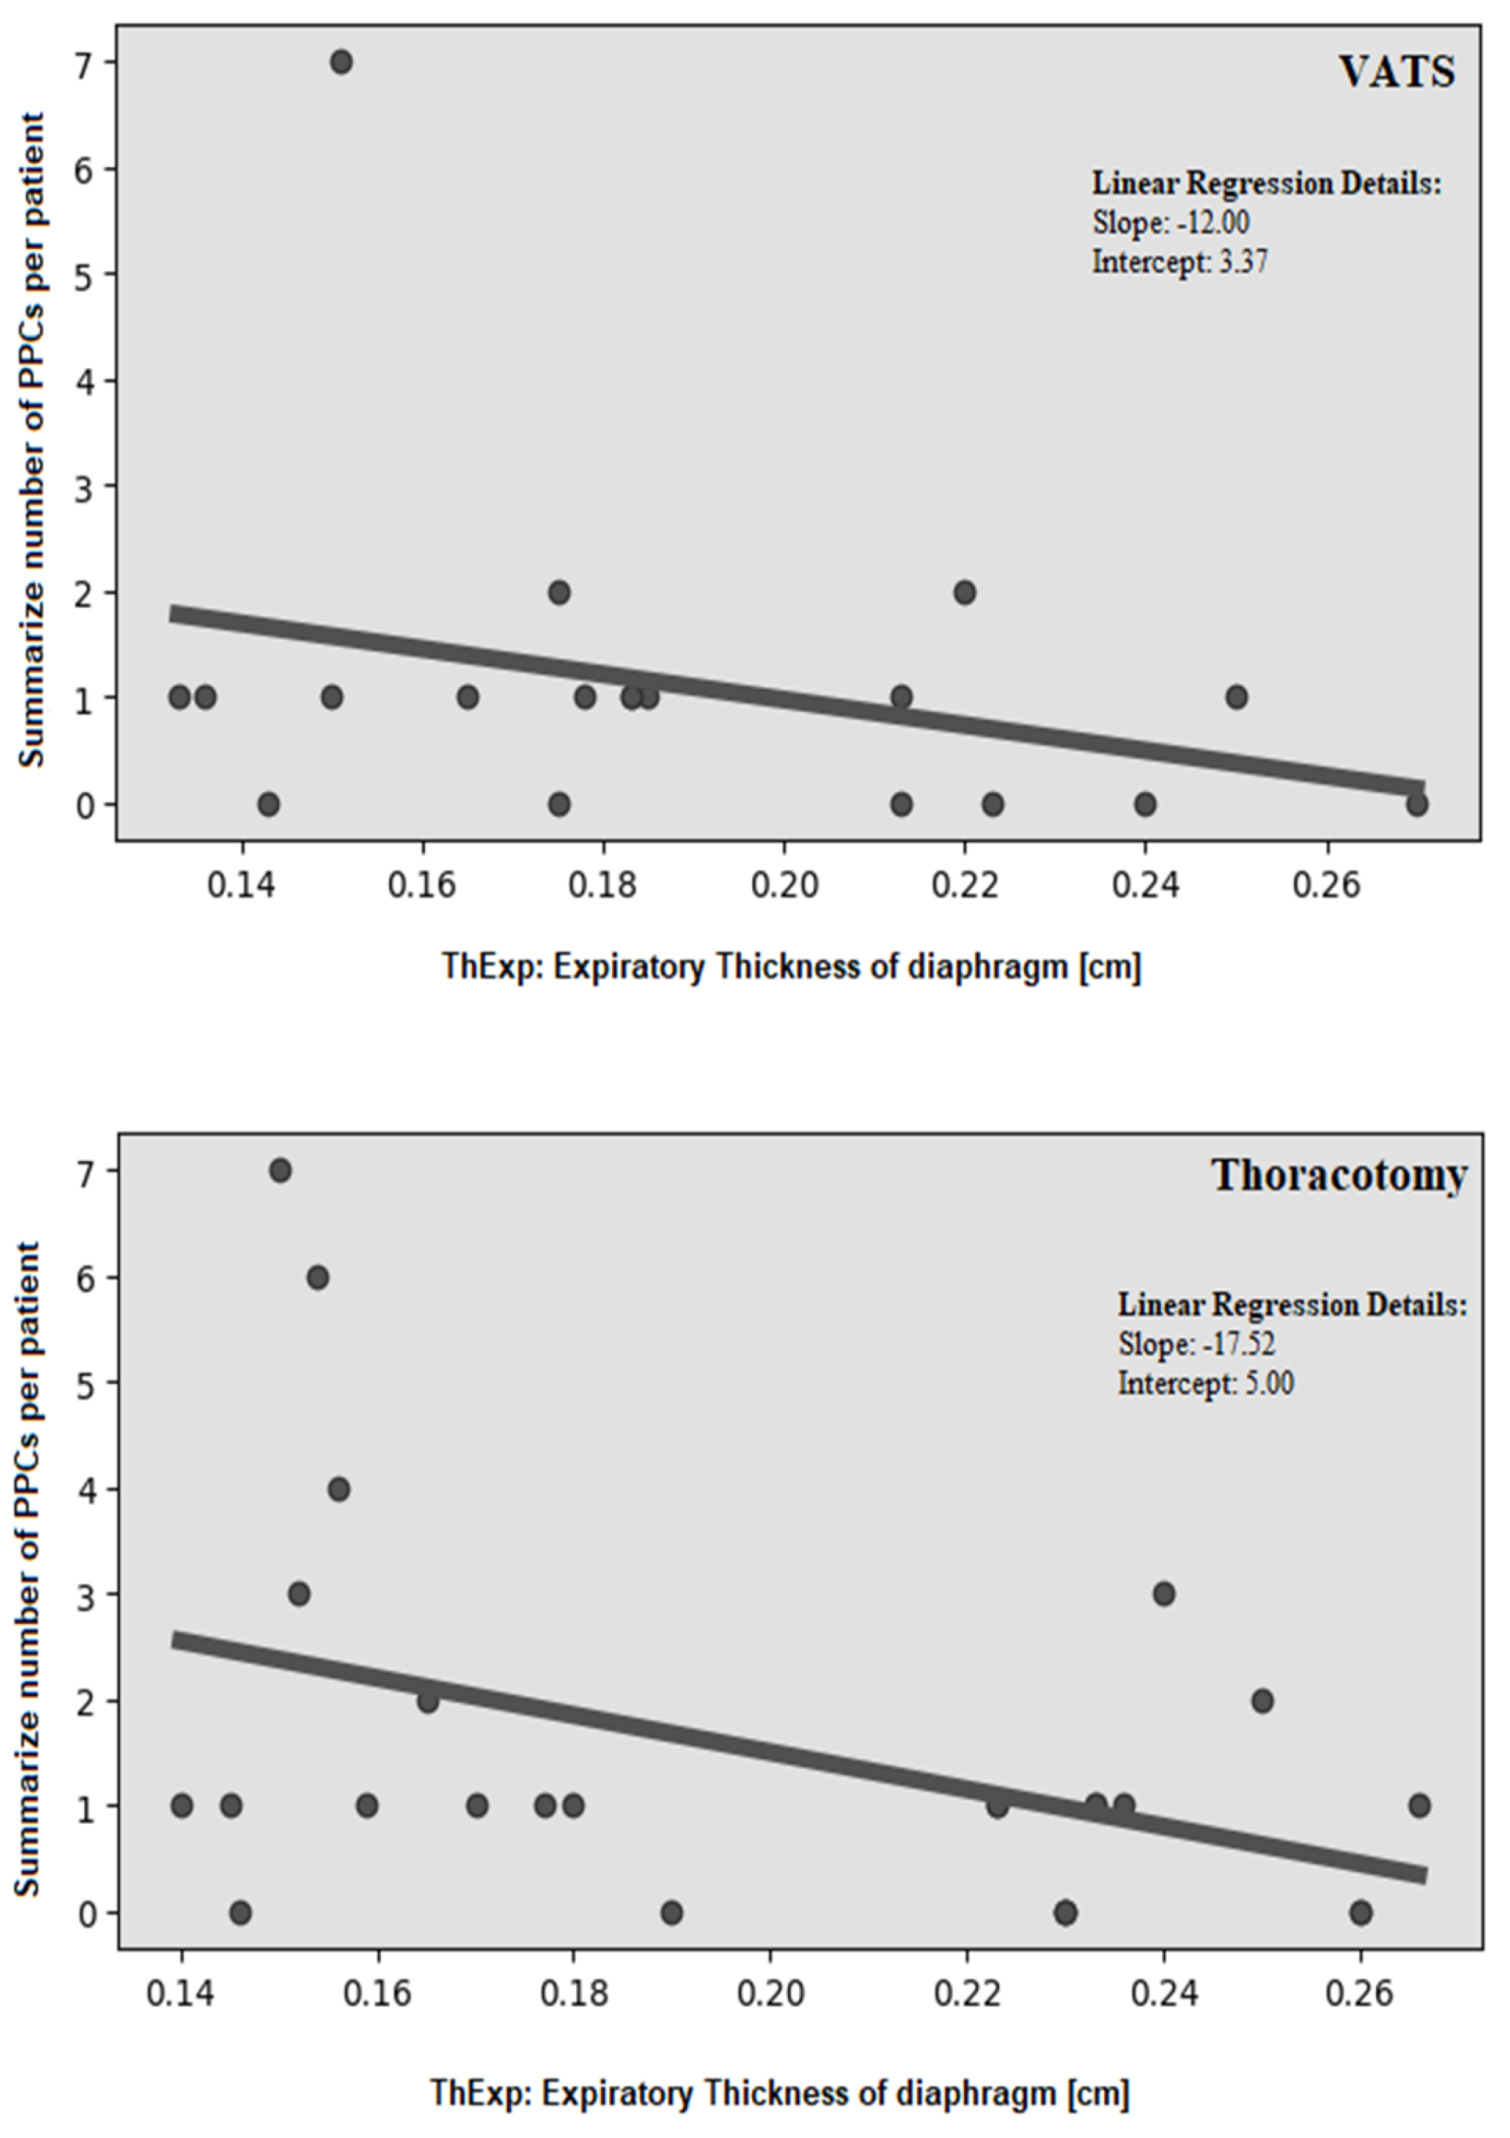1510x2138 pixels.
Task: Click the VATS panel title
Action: [x=1397, y=71]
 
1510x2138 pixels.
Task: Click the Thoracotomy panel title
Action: [x=1338, y=1176]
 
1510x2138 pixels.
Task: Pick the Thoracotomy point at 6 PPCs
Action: [x=317, y=1277]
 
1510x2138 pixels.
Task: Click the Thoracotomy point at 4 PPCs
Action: [x=339, y=1489]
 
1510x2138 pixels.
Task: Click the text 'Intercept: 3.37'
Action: [x=1180, y=263]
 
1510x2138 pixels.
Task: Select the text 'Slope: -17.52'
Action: [x=1197, y=1344]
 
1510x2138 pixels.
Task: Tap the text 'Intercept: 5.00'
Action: [x=1207, y=1384]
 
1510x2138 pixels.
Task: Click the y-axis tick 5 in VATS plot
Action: [x=85, y=275]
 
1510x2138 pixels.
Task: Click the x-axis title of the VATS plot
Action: [x=791, y=968]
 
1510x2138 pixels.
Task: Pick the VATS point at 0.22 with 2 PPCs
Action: [x=964, y=592]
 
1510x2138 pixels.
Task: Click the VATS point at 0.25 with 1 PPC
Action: [x=1236, y=697]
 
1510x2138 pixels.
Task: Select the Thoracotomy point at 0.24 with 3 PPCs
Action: [x=1164, y=1594]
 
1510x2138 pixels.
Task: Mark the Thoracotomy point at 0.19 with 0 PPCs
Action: [x=672, y=1913]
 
